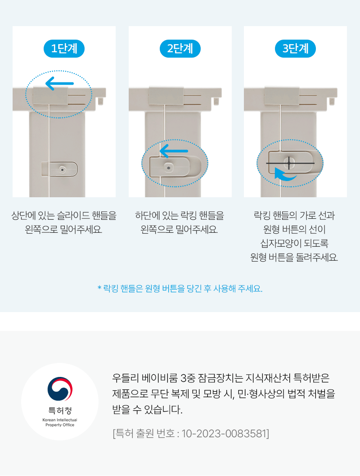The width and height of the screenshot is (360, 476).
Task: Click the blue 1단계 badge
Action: click(64, 49)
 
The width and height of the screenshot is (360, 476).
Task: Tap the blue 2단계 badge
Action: click(180, 49)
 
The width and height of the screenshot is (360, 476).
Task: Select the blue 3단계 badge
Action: click(295, 49)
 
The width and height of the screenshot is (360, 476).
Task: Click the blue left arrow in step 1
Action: click(59, 83)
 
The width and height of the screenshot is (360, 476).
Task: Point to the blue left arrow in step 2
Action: click(174, 151)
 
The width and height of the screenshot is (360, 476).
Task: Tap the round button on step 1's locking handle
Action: click(63, 170)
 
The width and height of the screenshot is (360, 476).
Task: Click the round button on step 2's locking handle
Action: click(169, 168)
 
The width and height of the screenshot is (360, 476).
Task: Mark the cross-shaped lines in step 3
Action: click(290, 163)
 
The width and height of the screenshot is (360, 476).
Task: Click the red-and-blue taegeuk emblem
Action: click(60, 389)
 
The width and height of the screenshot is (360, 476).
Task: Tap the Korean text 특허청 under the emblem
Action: click(60, 410)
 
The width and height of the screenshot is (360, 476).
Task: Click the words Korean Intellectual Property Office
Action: click(60, 422)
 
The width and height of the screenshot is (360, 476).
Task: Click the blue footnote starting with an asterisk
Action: click(180, 288)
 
